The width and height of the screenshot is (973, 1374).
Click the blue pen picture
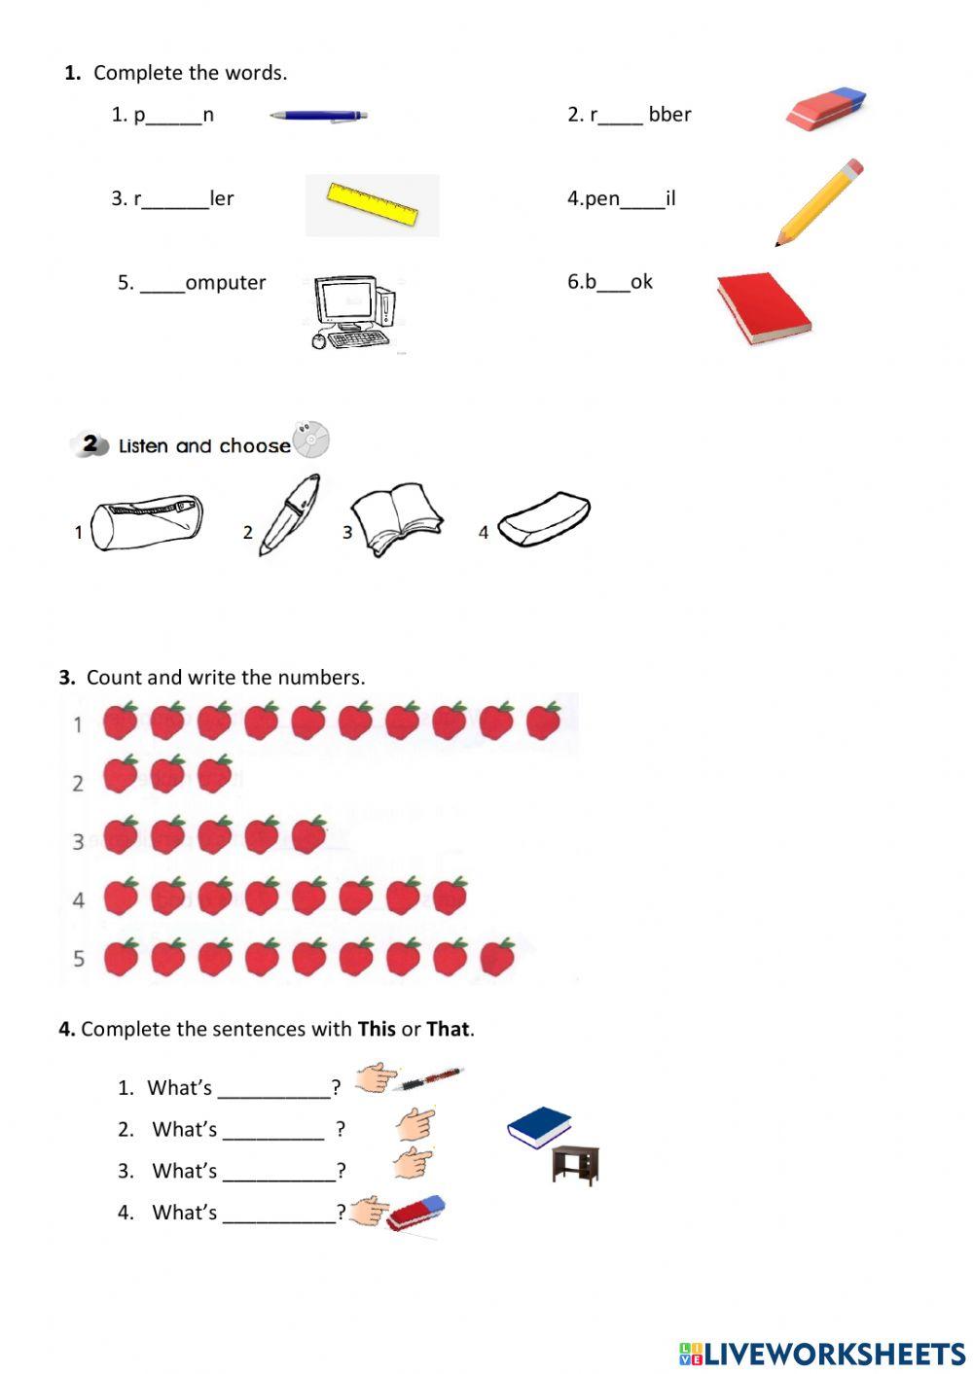point(318,116)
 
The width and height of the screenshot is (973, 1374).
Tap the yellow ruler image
point(372,204)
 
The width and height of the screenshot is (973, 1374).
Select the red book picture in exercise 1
point(763,307)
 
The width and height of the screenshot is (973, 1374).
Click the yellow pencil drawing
point(819,202)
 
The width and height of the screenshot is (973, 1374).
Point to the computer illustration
point(354,312)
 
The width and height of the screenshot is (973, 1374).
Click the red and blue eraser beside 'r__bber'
point(825,109)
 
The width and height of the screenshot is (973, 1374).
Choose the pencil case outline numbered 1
point(147,523)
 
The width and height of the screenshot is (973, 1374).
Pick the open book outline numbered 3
point(395,521)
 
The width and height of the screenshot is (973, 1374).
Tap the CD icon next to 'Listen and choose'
point(311,440)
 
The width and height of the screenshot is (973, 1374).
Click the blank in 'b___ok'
point(613,284)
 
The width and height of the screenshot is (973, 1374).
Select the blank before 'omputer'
point(162,285)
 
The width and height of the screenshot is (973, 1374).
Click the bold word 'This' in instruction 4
point(377,1029)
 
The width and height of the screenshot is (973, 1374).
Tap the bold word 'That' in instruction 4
point(448,1029)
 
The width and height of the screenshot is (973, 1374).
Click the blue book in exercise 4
point(538,1127)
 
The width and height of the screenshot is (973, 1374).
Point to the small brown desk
point(575,1165)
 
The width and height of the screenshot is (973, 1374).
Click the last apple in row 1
point(543,722)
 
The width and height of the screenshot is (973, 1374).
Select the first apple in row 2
point(121,775)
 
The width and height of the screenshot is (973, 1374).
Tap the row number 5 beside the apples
point(79,959)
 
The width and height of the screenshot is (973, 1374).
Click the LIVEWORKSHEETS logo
point(822,1354)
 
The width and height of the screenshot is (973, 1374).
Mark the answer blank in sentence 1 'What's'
point(274,1089)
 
